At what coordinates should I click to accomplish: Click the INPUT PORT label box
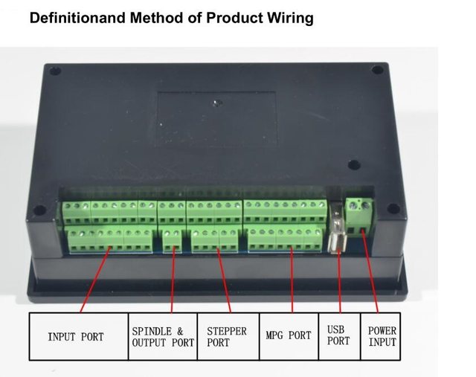pos(76,337)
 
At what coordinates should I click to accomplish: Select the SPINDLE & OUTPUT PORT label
pos(163,337)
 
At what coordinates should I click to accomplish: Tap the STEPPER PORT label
pos(227,337)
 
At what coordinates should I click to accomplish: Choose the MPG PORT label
pos(289,336)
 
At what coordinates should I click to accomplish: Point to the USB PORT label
pos(338,336)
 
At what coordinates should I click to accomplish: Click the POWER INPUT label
pos(382,336)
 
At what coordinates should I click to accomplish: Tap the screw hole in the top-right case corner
pos(377,71)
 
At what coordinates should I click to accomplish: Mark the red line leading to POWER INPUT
pos(371,275)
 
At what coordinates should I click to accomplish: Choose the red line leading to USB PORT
pos(340,283)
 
